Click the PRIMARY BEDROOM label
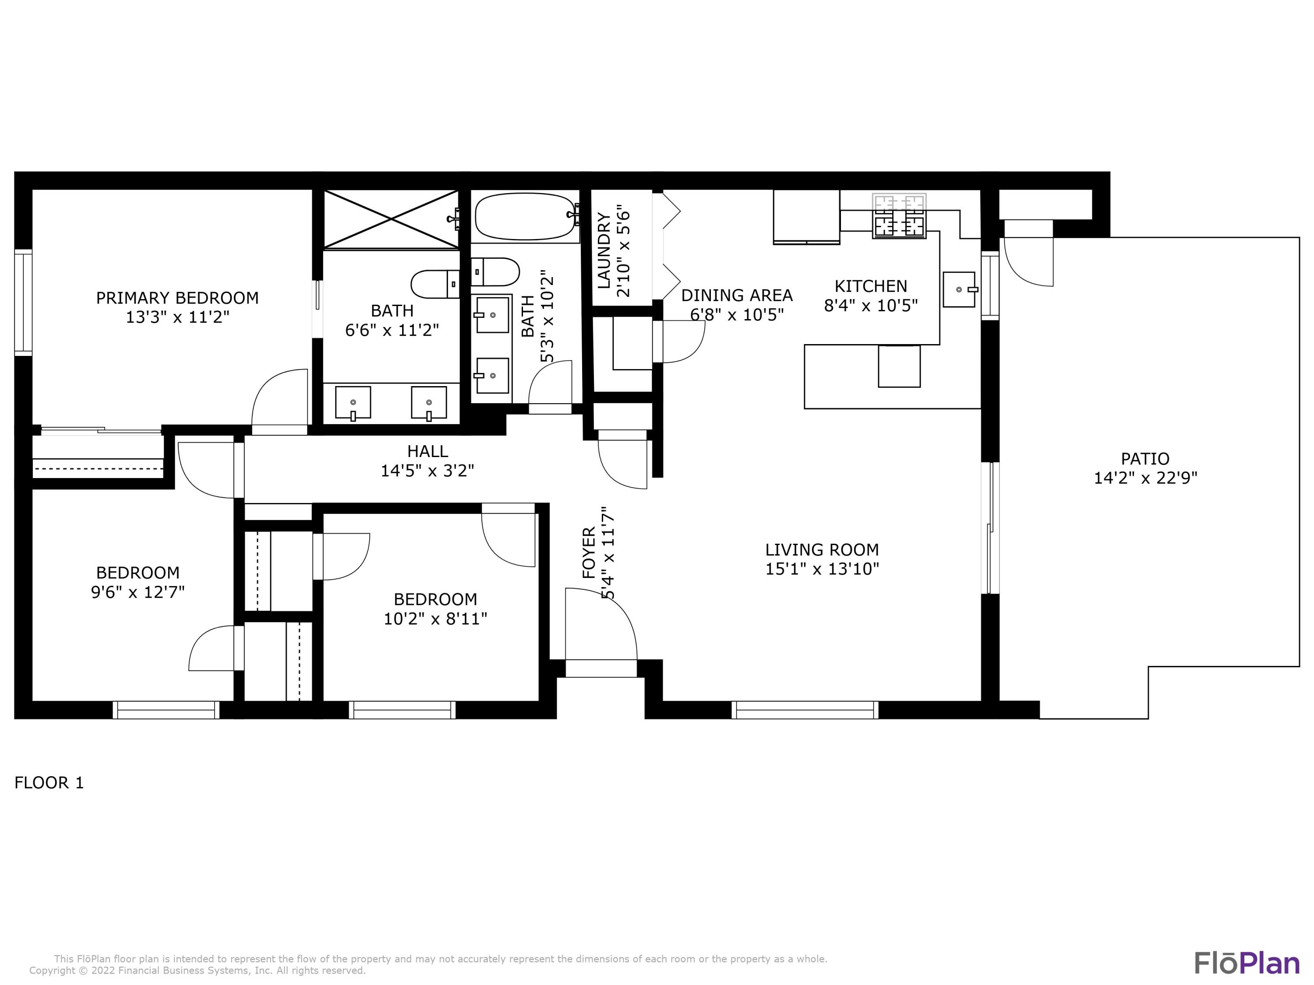177,297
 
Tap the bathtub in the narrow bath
525,216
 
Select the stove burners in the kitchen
899,216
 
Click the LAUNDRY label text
604,250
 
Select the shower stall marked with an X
391,219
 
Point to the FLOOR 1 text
49,783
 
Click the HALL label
427,451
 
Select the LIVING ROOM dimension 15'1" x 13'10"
822,569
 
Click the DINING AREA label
737,295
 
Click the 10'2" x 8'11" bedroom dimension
435,619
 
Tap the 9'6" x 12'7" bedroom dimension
138,592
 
